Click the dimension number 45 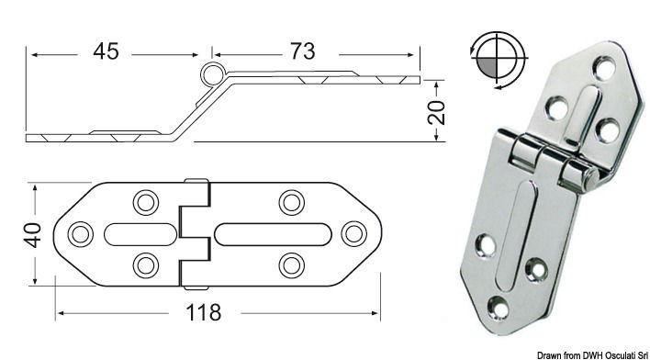pyautogui.click(x=106, y=51)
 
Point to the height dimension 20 pyautogui.click(x=437, y=111)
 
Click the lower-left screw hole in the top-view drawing pyautogui.click(x=144, y=265)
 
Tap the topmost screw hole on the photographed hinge pyautogui.click(x=602, y=67)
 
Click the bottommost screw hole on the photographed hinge pyautogui.click(x=499, y=308)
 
